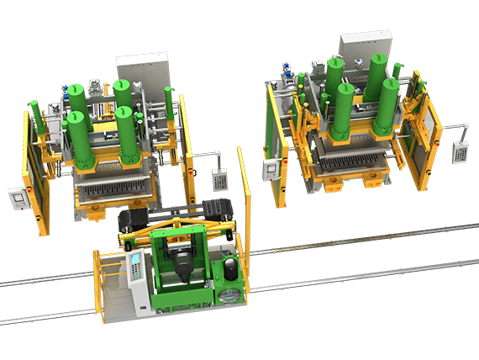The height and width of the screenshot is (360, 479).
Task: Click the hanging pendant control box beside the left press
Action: pyautogui.click(x=218, y=180)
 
